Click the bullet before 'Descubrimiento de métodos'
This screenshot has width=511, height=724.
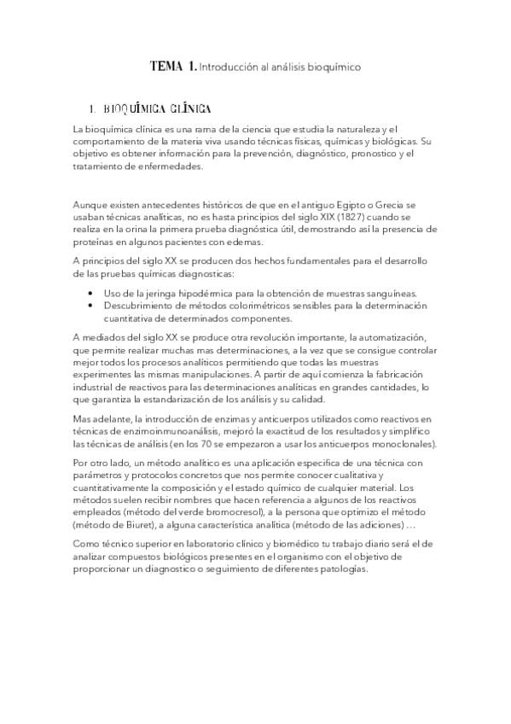[91, 306]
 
